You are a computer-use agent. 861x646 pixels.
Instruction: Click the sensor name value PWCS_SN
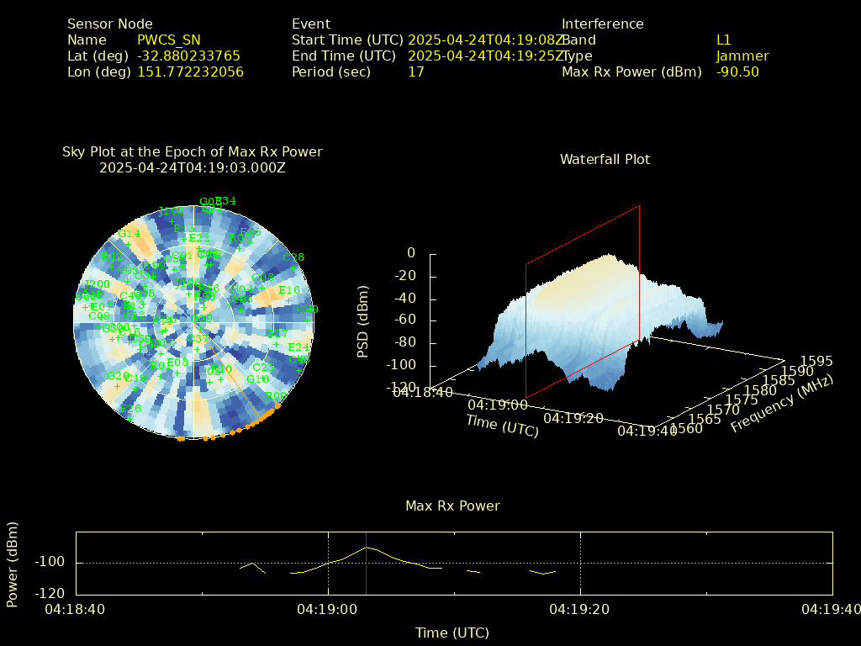pyautogui.click(x=168, y=40)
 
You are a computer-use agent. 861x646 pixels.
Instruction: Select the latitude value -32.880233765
pyautogui.click(x=188, y=56)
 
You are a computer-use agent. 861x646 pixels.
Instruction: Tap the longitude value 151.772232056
pyautogui.click(x=190, y=72)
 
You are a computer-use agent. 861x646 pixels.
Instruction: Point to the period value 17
pyautogui.click(x=415, y=72)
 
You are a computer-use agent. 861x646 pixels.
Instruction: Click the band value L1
pyautogui.click(x=723, y=40)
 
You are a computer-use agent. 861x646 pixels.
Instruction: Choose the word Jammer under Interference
pyautogui.click(x=742, y=56)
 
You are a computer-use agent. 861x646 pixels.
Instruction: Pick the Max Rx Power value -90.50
pyautogui.click(x=737, y=72)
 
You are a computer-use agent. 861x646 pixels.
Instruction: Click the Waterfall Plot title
pyautogui.click(x=605, y=160)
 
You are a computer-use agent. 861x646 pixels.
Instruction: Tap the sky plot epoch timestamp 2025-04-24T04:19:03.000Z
pyautogui.click(x=192, y=168)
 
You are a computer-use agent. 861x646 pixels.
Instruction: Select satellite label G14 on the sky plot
pyautogui.click(x=129, y=234)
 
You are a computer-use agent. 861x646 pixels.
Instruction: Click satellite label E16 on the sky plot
pyautogui.click(x=288, y=290)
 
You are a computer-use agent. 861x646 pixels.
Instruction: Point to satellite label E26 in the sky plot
pyautogui.click(x=130, y=409)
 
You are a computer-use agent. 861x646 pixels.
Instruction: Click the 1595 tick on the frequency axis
pyautogui.click(x=816, y=362)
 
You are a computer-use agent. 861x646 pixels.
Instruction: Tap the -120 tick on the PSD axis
pyautogui.click(x=399, y=388)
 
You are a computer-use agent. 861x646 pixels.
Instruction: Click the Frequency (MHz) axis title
pyautogui.click(x=782, y=404)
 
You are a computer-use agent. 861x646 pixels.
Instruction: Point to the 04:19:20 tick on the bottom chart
pyautogui.click(x=581, y=608)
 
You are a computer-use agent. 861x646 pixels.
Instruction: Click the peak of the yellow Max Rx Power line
pyautogui.click(x=367, y=548)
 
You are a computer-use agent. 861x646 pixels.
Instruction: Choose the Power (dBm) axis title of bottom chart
pyautogui.click(x=13, y=564)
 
